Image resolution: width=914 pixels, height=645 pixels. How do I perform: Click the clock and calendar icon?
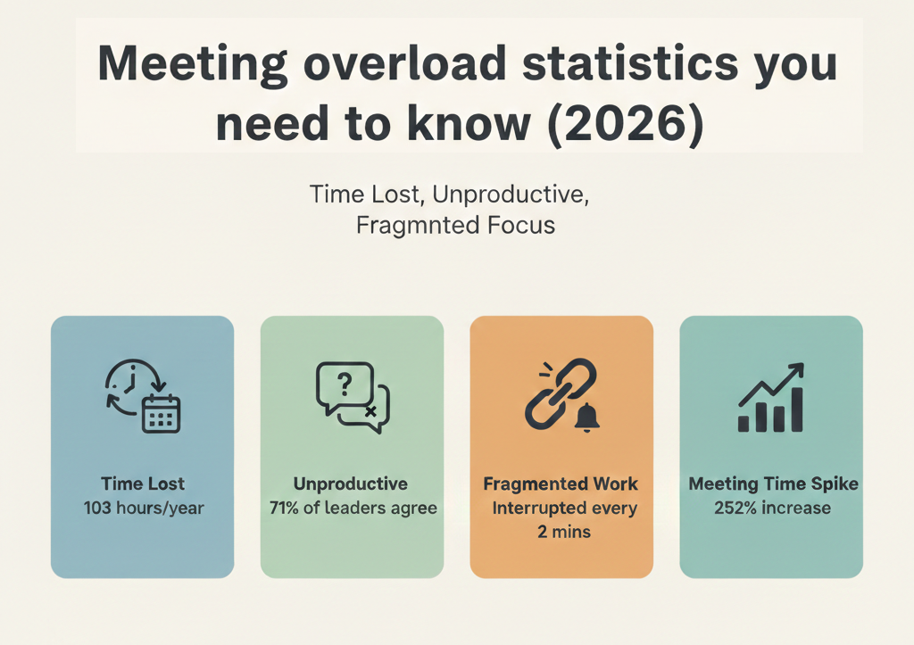[x=143, y=399]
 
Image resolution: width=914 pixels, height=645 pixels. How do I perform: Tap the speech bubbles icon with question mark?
[x=353, y=397]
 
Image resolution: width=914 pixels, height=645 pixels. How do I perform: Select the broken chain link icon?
[x=561, y=396]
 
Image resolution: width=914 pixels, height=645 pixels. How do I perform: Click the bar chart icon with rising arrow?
[x=771, y=398]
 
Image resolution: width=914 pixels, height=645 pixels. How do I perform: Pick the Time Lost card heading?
[x=143, y=484]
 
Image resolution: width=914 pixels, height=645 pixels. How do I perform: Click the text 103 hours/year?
[x=143, y=509]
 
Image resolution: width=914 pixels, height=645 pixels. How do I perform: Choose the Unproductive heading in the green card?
[x=351, y=484]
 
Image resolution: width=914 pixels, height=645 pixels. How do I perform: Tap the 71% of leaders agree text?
[x=353, y=509]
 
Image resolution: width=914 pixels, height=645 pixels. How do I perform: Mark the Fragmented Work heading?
[x=561, y=484]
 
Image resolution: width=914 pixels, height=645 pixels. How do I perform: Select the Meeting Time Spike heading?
[x=773, y=484]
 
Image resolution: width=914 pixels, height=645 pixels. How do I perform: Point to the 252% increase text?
[x=772, y=509]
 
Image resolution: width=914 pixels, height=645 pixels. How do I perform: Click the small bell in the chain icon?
[x=587, y=418]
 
